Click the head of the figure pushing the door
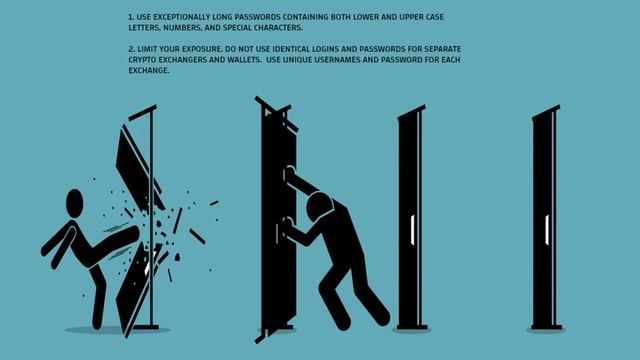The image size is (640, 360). click(x=320, y=207)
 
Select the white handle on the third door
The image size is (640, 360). click(x=413, y=230)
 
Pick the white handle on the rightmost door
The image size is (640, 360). click(x=547, y=230)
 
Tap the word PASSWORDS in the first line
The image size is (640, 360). click(x=258, y=17)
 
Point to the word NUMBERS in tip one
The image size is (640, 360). click(x=183, y=28)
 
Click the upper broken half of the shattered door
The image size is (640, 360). click(x=138, y=167)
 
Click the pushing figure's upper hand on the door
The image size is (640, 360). click(x=289, y=174)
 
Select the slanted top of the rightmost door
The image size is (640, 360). click(x=546, y=113)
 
